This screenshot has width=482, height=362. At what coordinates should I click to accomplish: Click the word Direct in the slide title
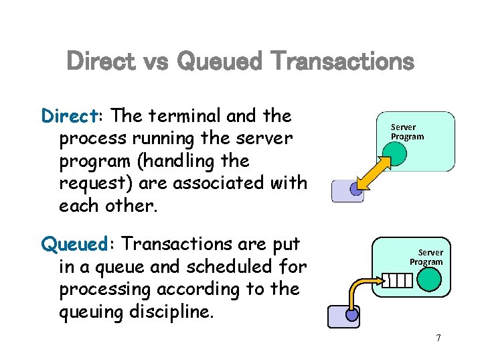tap(102, 62)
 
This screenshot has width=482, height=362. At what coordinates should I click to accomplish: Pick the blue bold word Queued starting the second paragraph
tap(73, 244)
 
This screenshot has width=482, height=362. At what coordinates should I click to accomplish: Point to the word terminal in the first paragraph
tap(183, 116)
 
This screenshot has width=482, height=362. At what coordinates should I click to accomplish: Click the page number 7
tap(438, 338)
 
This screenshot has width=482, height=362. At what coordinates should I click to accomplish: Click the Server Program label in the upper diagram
tap(407, 131)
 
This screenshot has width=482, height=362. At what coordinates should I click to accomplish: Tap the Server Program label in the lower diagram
tap(426, 257)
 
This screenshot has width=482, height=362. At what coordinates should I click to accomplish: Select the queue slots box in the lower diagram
tap(396, 280)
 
